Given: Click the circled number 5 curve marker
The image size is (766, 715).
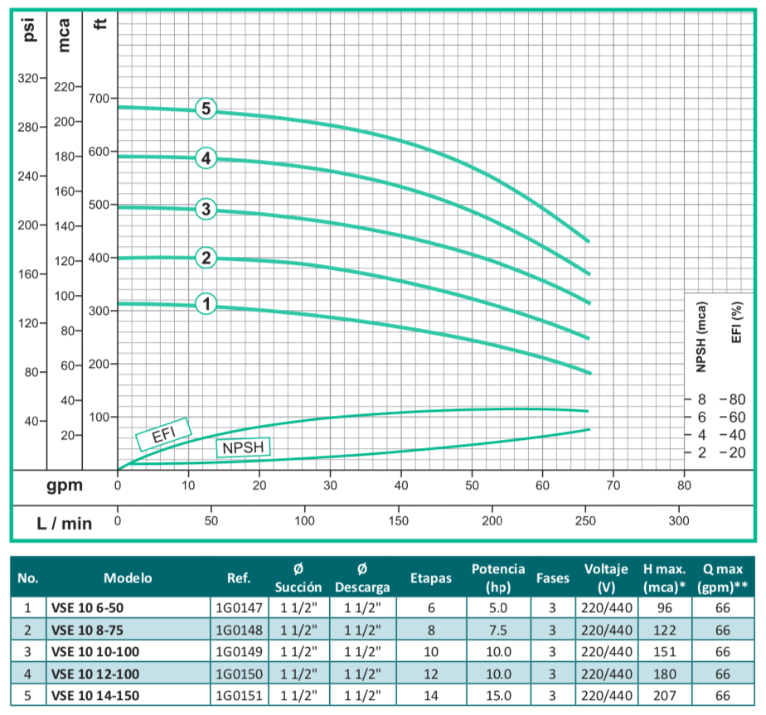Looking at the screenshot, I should pos(206,109).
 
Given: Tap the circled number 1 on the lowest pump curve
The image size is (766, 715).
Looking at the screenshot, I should pos(206,305).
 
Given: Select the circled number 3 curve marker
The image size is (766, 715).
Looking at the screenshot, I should pos(206,209).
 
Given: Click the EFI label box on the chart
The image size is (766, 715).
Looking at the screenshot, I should pos(163,433).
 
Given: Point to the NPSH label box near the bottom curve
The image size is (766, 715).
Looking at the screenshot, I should pos(245,448).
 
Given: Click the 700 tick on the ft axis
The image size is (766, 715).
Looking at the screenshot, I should pos(99,98).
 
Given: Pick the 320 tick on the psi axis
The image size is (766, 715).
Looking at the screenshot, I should pos(28,78).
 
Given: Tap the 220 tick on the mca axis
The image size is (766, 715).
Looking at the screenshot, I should pos(64,86).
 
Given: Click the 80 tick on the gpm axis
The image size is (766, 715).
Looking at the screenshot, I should pos(684,486).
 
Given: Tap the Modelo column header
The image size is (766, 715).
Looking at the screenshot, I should pos(128,578).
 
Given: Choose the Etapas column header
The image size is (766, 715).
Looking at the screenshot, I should pos(431,578).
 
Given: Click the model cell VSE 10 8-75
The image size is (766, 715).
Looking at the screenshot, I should pos(87,629).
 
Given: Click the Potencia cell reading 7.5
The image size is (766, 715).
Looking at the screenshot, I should pos(497,629).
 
